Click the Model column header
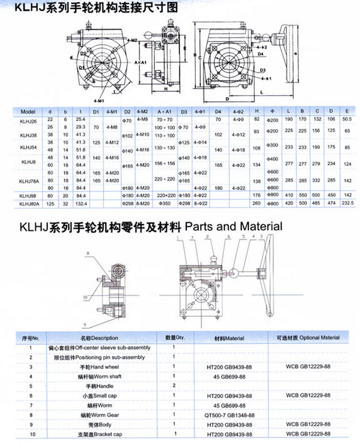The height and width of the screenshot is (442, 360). click(x=28, y=111)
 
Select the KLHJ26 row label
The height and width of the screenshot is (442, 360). click(x=29, y=120)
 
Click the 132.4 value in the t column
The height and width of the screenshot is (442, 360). click(x=80, y=202)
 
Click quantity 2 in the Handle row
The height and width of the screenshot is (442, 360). click(x=173, y=387)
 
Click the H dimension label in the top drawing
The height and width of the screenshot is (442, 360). click(x=166, y=89)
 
